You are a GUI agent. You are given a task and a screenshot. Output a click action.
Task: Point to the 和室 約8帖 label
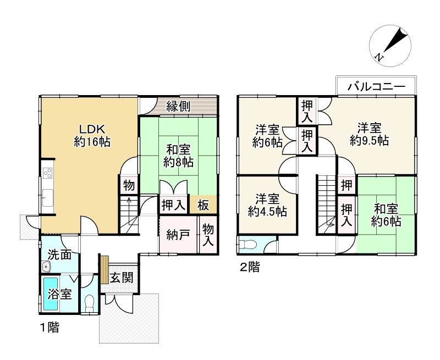[178, 155]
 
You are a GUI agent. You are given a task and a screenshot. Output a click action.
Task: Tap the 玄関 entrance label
[120, 278]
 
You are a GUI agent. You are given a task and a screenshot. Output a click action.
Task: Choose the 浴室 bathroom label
[59, 294]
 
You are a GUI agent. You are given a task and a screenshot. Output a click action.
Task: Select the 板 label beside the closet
[204, 206]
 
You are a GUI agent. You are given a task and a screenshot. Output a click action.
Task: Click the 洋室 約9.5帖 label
[369, 135]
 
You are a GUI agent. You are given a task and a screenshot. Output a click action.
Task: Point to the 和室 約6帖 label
[386, 215]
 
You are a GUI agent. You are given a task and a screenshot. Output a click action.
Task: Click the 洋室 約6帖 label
[268, 136]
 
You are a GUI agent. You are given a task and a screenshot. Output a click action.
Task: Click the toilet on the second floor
[248, 243]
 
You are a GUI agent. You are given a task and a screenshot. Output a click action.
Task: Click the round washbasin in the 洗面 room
[46, 268]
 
